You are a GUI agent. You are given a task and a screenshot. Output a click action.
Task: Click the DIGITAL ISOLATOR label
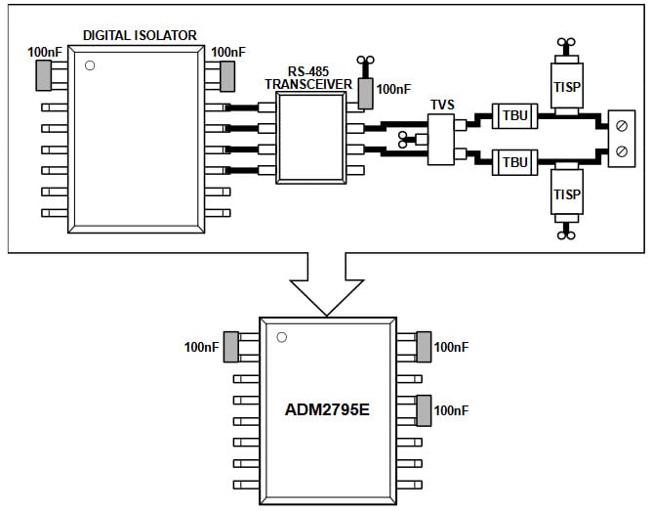(140, 35)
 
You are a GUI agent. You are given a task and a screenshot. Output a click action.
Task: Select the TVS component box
(441, 139)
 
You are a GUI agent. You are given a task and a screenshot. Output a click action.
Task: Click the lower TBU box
(513, 160)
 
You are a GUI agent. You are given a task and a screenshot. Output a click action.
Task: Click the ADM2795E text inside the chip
(327, 409)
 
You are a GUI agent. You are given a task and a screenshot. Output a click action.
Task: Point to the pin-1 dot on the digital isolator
(90, 66)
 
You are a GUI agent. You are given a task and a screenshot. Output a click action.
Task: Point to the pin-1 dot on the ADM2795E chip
(281, 338)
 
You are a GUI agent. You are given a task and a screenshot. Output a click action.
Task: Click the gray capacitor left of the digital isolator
(43, 73)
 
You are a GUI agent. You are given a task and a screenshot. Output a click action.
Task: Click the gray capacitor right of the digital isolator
(228, 73)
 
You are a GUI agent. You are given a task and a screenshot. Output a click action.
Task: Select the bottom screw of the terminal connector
(621, 149)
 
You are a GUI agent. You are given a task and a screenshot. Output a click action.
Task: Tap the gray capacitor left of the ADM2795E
(231, 346)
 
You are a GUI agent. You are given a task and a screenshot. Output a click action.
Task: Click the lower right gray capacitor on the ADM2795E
(424, 409)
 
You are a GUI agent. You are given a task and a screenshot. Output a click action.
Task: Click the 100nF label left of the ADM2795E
(202, 346)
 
